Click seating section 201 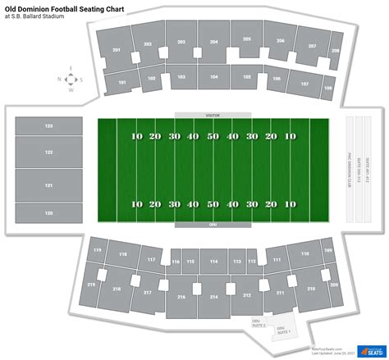[117, 52]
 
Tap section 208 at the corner [335, 51]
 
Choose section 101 [121, 82]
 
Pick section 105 [246, 77]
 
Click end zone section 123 [48, 126]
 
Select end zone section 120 [48, 212]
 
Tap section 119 [98, 249]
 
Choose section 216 [181, 297]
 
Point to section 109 [327, 250]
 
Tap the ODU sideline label [213, 223]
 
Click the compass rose [70, 80]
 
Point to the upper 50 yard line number [213, 136]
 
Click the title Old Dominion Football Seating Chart [66, 7]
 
